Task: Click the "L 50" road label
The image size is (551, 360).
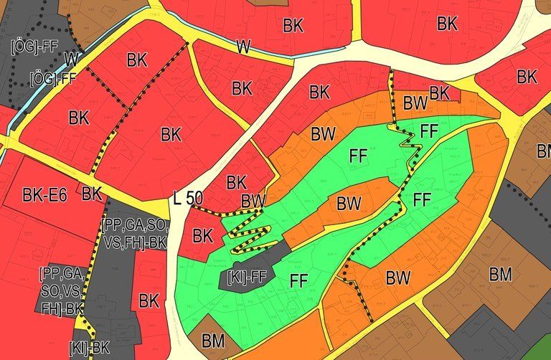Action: pos(188,199)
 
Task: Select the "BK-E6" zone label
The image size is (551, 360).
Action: pos(45,194)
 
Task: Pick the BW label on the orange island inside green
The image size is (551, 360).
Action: pos(349,204)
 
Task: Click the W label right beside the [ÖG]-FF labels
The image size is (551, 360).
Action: pos(70,57)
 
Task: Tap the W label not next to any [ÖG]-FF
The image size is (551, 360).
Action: pos(243,47)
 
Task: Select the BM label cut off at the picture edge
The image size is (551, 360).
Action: pos(543,151)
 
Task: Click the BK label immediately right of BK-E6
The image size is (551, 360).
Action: pos(92,193)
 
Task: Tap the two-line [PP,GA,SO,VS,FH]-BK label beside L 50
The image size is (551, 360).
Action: pos(134,235)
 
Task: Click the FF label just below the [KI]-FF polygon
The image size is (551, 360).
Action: pos(299,282)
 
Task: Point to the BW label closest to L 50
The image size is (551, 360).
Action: pos(253,200)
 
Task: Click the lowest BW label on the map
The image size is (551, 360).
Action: pos(398,277)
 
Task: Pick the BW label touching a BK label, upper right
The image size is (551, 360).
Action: pos(415,103)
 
